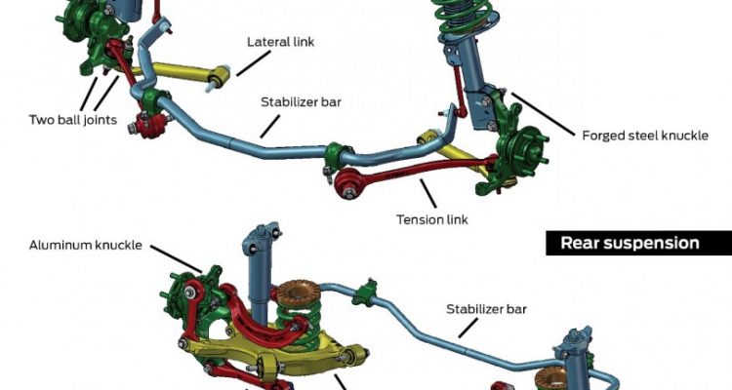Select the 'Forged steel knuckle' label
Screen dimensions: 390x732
click(x=644, y=135)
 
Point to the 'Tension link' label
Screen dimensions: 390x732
click(x=432, y=219)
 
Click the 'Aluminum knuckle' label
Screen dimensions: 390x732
click(x=86, y=246)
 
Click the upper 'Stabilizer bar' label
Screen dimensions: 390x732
click(x=301, y=100)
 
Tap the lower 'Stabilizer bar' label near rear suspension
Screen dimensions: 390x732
click(x=486, y=309)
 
